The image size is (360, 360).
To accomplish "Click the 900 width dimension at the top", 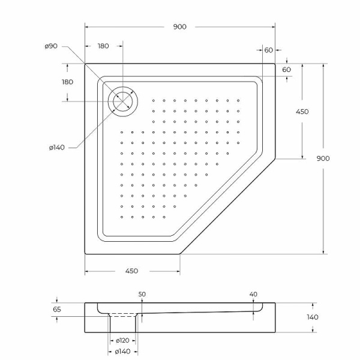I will pyautogui.click(x=179, y=26).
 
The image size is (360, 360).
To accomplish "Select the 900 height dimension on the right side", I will pyautogui.click(x=323, y=158).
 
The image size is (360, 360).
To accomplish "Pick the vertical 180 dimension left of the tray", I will pyautogui.click(x=67, y=82).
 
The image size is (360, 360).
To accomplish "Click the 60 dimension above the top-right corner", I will pyautogui.click(x=268, y=50).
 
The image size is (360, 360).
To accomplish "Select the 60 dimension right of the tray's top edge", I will pyautogui.click(x=286, y=70).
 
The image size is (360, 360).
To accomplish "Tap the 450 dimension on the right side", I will pyautogui.click(x=302, y=112).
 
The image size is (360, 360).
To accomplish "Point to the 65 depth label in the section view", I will pyautogui.click(x=57, y=310).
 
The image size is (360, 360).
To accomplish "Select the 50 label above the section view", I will pyautogui.click(x=142, y=294).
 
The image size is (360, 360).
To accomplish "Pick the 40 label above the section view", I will pyautogui.click(x=253, y=294).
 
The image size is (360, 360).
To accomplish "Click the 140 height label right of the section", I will pyautogui.click(x=313, y=317).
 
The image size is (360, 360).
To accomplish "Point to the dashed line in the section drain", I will pyautogui.click(x=124, y=315).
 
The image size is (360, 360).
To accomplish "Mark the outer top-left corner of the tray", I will pyautogui.click(x=85, y=64).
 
